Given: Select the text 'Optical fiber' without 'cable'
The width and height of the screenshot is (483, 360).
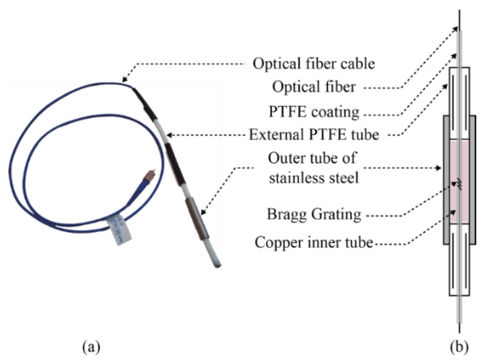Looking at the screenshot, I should click(315, 88).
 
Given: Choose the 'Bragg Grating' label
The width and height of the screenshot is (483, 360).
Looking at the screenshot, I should click(314, 215).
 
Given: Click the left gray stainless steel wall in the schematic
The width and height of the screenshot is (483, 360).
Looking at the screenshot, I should click(446, 179).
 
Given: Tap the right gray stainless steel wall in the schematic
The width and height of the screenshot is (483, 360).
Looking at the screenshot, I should click(472, 179).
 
